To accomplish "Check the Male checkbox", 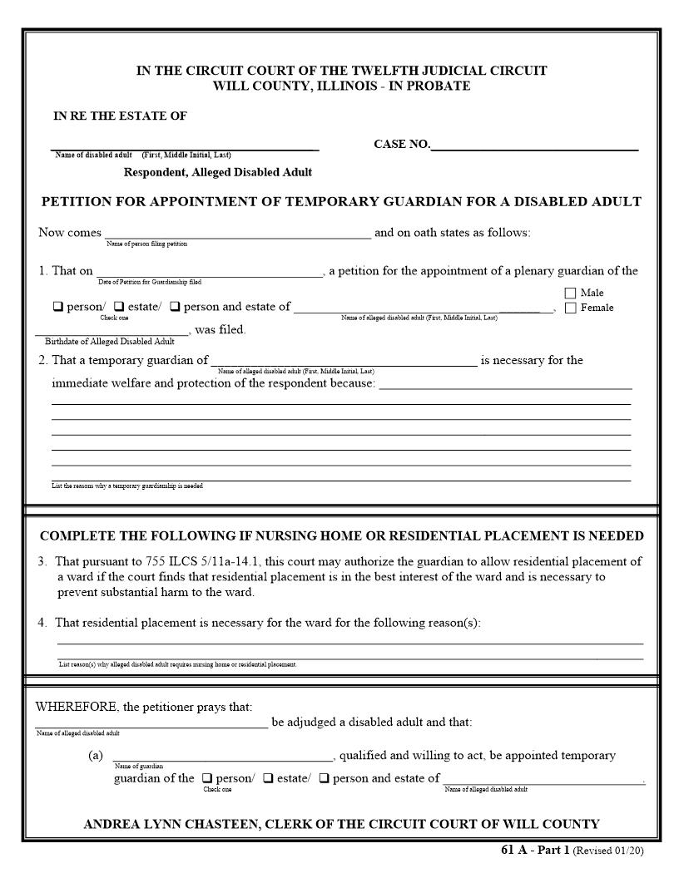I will [570, 293].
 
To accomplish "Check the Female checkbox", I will [570, 308].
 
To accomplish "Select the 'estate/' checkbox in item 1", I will [119, 307].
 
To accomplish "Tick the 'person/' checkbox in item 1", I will [58, 307].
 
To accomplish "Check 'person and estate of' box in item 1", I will [175, 307].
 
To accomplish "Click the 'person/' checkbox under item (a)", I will [207, 779].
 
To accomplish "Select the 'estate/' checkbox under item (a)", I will [268, 779].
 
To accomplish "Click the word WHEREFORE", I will [76, 708].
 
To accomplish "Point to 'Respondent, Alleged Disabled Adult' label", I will [218, 173].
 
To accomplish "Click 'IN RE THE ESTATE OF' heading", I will [120, 116].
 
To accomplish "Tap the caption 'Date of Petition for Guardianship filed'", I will [150, 283].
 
